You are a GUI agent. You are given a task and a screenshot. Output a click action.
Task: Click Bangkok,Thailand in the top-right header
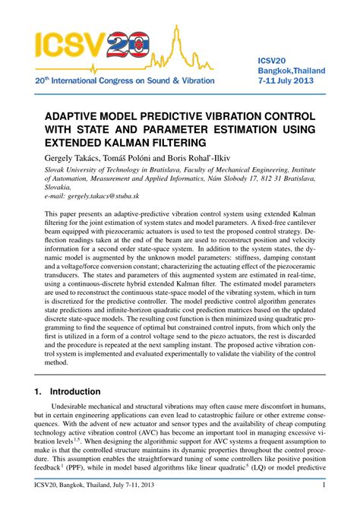[292, 70]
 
